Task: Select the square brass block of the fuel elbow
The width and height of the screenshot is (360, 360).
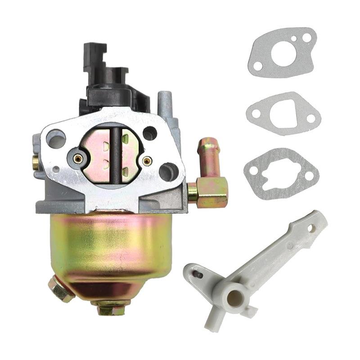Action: (x=212, y=191)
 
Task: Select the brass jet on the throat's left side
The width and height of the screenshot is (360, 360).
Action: (x=78, y=158)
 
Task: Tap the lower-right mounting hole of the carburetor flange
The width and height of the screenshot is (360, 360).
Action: (x=168, y=171)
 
